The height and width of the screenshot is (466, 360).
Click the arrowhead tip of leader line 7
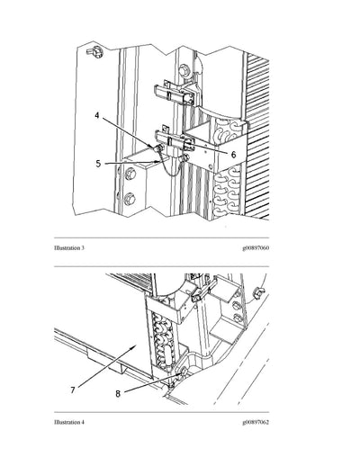[134, 345]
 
